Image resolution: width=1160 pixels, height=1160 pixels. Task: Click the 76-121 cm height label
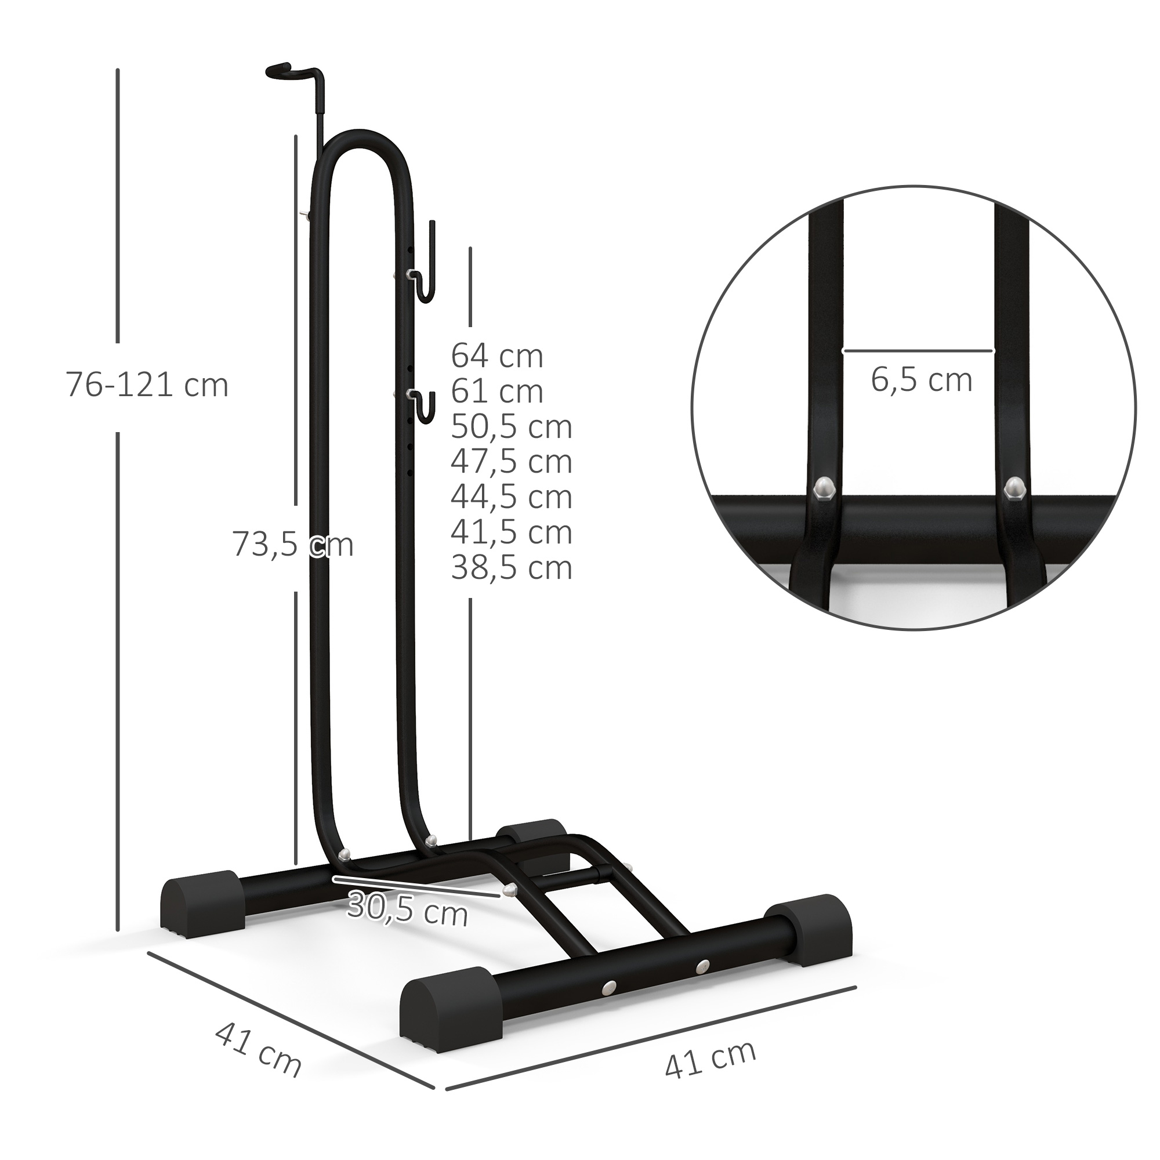(x=147, y=385)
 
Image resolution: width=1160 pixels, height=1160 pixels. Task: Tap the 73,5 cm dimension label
(x=292, y=545)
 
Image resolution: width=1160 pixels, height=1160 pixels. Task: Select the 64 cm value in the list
(x=497, y=356)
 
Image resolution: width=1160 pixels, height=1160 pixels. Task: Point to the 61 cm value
(x=497, y=391)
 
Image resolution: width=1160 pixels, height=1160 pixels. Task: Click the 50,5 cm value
(x=512, y=426)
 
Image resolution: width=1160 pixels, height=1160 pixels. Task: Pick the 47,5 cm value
(x=512, y=461)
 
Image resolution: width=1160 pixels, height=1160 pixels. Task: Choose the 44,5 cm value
(x=512, y=496)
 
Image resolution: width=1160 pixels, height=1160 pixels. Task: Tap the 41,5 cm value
(x=512, y=532)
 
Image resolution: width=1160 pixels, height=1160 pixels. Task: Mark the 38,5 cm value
(x=512, y=567)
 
